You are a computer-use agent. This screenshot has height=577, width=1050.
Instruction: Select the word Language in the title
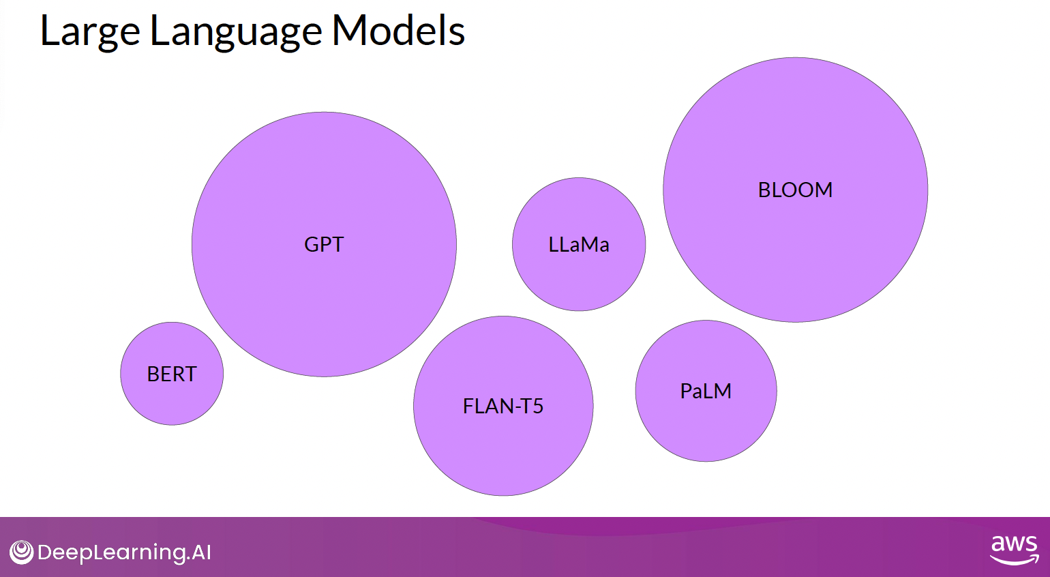point(236,31)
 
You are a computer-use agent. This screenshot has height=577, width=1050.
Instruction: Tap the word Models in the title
point(398,31)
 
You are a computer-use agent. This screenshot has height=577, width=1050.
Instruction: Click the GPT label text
point(324,244)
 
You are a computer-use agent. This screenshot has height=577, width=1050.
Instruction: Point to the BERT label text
point(172,374)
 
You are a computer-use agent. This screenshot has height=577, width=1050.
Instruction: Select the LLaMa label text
point(579,244)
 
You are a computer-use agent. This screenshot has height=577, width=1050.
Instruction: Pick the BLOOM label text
point(795,190)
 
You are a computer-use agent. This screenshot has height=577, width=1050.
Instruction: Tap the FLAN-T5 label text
point(503,406)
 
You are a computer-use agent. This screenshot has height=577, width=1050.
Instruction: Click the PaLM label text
point(706,391)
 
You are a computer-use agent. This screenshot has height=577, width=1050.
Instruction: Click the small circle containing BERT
point(172,402)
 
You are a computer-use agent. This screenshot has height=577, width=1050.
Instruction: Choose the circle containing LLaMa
point(579,280)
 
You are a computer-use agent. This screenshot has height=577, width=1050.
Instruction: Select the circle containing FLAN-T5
point(503,450)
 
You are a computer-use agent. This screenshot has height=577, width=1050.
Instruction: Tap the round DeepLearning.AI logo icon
point(22,552)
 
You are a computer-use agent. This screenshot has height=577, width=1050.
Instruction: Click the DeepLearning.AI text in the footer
point(124,552)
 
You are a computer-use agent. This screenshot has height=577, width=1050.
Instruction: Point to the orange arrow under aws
point(1015,561)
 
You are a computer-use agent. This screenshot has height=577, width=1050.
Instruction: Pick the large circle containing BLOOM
point(795,259)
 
